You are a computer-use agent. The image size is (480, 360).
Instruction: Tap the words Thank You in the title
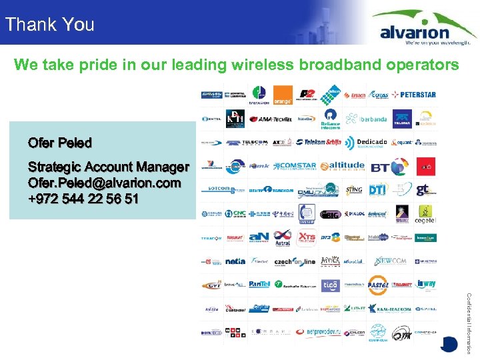(49, 25)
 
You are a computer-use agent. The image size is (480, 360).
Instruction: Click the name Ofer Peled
(60, 143)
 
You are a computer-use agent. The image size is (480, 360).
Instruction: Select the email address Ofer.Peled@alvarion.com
(104, 182)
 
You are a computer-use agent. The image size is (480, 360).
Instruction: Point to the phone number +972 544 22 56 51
(83, 198)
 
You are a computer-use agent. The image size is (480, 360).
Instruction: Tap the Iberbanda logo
(368, 119)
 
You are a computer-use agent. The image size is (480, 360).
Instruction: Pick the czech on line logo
(295, 261)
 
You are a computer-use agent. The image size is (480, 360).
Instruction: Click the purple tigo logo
(330, 285)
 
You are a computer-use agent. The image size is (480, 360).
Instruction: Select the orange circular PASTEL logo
(378, 285)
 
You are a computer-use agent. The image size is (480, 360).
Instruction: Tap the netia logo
(235, 261)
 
